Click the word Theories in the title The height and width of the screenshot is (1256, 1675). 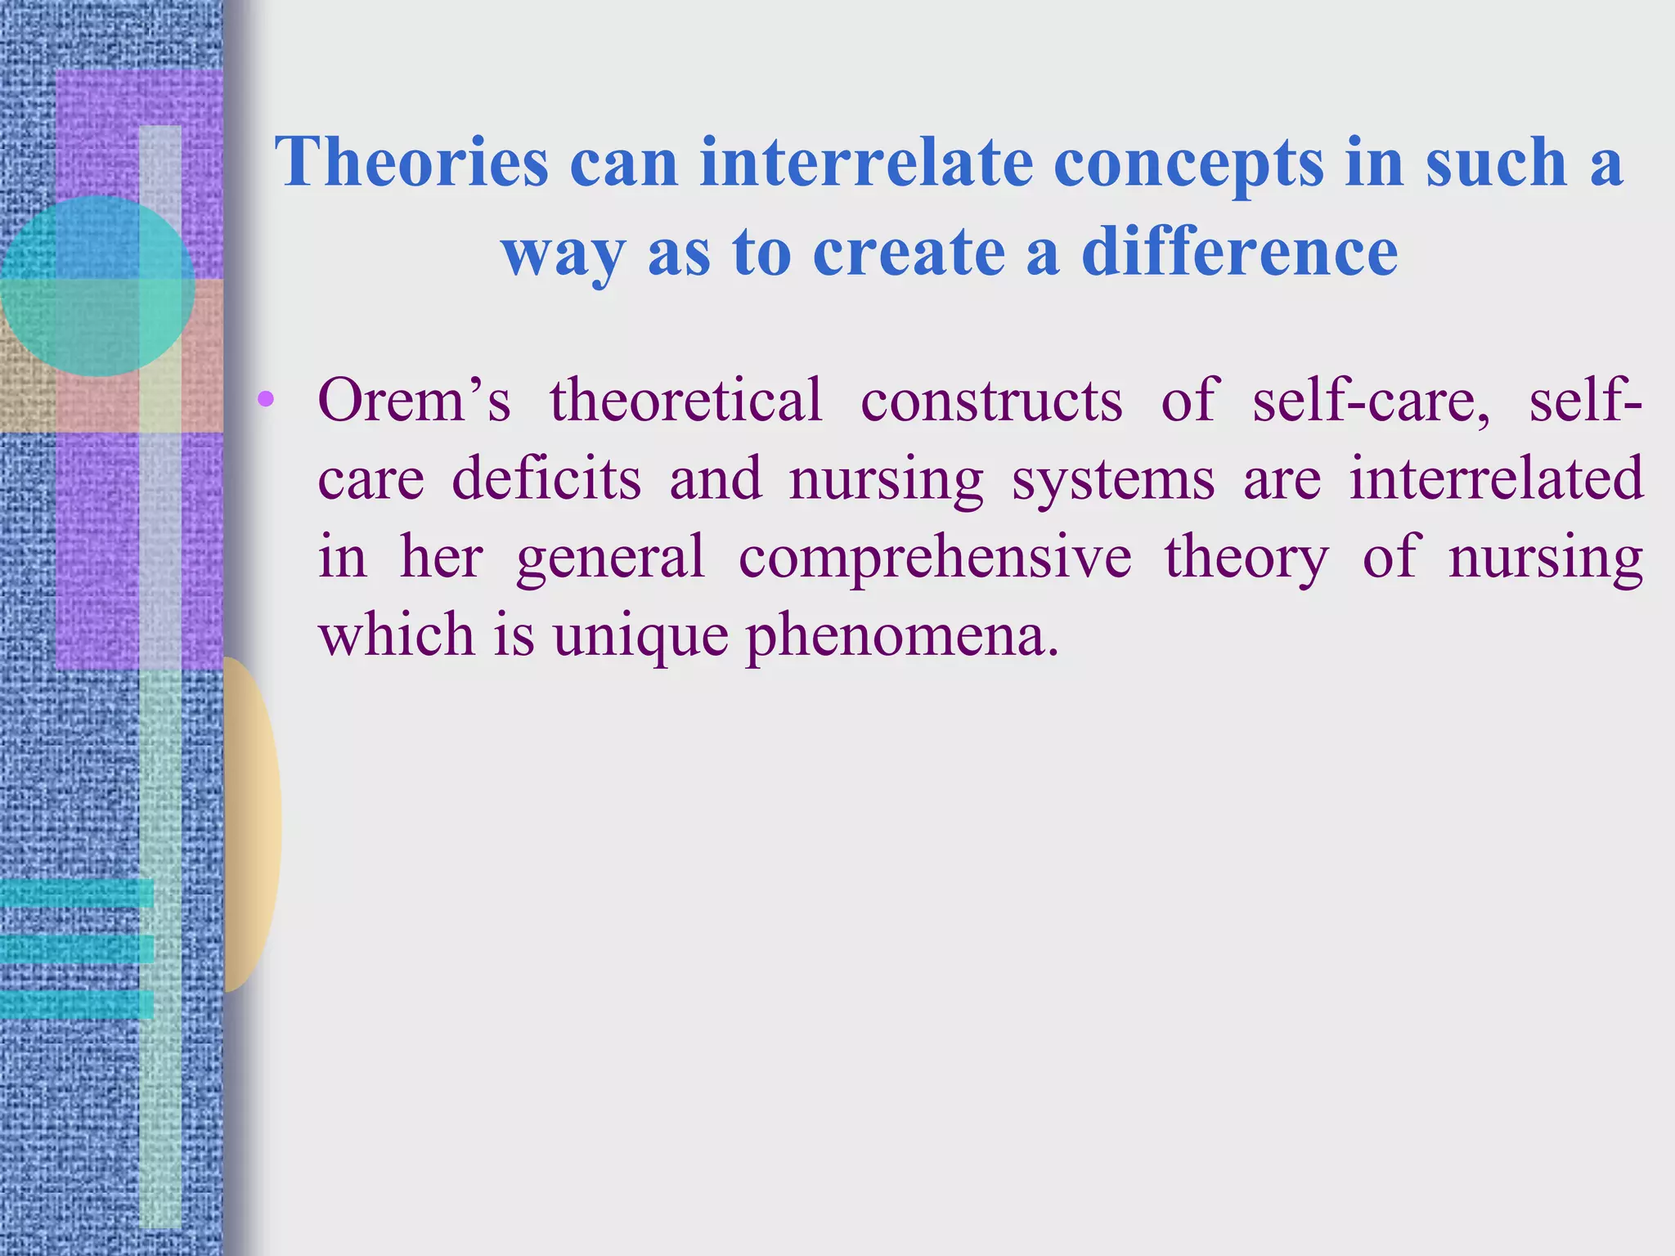click(411, 162)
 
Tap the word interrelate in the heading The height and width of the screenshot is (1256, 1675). click(866, 162)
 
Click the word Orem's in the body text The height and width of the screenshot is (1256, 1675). click(414, 401)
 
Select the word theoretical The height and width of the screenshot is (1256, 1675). click(685, 401)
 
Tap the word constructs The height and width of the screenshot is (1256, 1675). click(991, 401)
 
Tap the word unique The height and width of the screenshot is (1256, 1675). click(640, 636)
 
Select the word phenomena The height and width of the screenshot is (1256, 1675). click(901, 636)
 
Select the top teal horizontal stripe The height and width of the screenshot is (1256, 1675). click(76, 893)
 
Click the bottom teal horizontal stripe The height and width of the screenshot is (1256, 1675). click(76, 1004)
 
